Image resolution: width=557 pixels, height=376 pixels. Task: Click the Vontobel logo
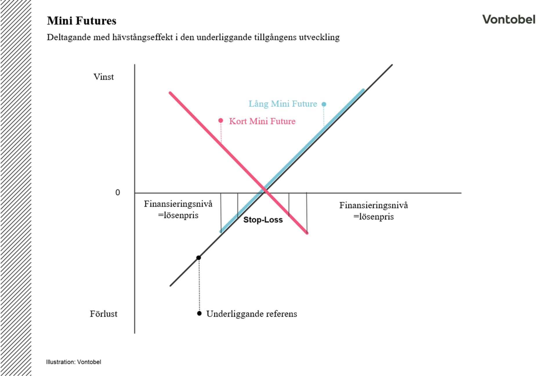pos(509,19)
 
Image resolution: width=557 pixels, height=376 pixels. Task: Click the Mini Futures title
pos(82,21)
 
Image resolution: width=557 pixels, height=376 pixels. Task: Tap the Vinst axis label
pos(104,77)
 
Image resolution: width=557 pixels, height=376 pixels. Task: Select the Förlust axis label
pos(104,314)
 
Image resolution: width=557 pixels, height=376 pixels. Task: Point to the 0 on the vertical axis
pos(117,192)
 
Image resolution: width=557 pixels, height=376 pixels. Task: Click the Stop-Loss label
pos(263,220)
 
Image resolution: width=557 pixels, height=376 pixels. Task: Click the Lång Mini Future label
pos(283,104)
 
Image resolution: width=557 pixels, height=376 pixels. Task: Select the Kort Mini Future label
pos(262,121)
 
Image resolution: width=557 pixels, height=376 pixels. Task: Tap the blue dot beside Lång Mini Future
pos(324,104)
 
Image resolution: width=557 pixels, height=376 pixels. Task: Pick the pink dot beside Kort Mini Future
pos(221,120)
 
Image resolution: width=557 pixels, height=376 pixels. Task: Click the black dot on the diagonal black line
pos(199,258)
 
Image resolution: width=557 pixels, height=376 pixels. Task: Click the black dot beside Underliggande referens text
pos(199,313)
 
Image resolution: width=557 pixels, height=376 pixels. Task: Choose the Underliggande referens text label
pos(252,314)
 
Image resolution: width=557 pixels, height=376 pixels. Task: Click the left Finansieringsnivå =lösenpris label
pos(178,209)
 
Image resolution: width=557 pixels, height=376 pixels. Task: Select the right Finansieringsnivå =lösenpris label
pos(374,211)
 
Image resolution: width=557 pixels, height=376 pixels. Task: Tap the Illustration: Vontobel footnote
pos(74,362)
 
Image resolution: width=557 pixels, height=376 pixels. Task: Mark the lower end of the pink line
pos(307,232)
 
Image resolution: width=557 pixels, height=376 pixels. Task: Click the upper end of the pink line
pos(170,93)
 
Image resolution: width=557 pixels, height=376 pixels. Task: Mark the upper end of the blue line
pos(363,90)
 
